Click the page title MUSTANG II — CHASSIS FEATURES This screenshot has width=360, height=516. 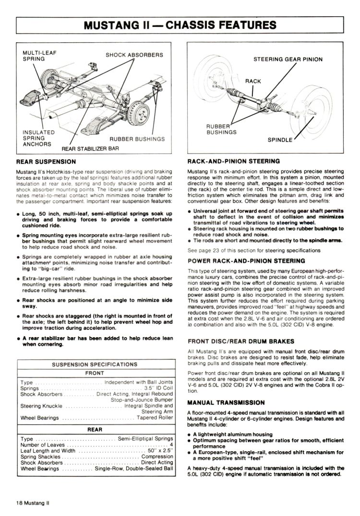click(180, 24)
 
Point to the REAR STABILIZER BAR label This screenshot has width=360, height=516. click(90, 148)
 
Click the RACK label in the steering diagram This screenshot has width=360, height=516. click(253, 81)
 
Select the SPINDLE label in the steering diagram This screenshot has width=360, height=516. click(280, 140)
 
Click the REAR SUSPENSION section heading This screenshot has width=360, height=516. click(46, 162)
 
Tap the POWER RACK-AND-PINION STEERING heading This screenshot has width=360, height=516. click(246, 261)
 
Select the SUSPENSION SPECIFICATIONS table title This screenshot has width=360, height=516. click(95, 364)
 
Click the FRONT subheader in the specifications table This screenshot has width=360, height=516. click(95, 373)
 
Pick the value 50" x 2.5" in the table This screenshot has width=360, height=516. click(159, 450)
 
